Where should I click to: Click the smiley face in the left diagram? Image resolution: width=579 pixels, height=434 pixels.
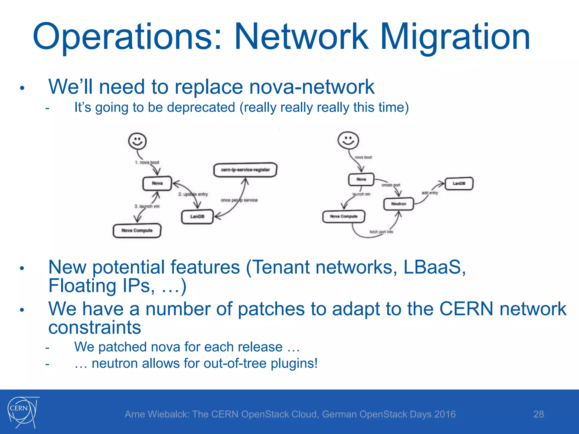click(137, 141)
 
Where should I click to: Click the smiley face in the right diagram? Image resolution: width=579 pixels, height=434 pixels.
click(348, 140)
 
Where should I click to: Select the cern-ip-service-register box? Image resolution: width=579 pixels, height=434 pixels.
click(245, 170)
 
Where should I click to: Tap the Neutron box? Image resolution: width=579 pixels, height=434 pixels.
click(399, 204)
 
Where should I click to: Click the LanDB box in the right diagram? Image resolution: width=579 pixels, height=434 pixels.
click(459, 183)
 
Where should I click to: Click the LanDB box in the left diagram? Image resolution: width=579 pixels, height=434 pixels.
click(197, 216)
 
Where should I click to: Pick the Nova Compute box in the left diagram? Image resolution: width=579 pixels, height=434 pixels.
click(137, 231)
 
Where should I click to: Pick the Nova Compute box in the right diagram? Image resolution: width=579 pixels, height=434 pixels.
click(344, 216)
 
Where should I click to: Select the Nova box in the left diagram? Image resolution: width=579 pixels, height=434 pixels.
click(157, 183)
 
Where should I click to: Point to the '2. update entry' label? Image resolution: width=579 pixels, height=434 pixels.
click(193, 194)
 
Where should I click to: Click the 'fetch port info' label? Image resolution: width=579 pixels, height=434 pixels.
click(381, 232)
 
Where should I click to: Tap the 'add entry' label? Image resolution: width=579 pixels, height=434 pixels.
click(430, 193)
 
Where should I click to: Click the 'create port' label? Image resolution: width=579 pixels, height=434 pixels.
click(391, 185)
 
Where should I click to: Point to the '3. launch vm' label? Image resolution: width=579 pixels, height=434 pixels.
click(147, 206)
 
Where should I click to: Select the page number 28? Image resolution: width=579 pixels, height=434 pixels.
click(538, 414)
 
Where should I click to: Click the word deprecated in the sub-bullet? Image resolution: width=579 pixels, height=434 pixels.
click(201, 107)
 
